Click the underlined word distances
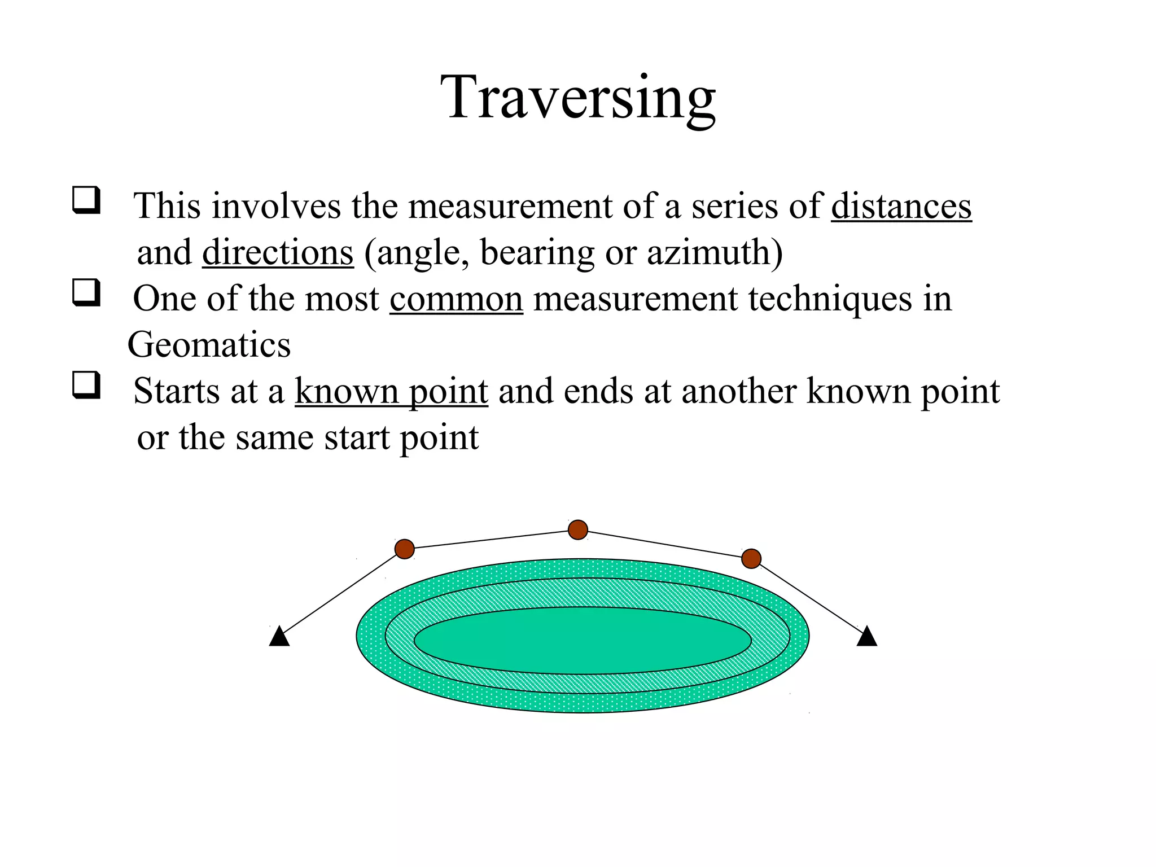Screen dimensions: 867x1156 click(x=901, y=206)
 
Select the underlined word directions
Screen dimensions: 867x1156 click(x=278, y=252)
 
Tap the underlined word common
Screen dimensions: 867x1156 click(x=456, y=299)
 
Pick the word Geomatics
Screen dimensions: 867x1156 click(x=209, y=345)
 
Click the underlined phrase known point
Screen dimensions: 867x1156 click(x=391, y=391)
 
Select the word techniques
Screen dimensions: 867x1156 click(x=830, y=299)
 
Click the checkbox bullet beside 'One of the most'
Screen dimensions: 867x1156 click(x=86, y=292)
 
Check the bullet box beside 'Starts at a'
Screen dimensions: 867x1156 click(x=86, y=385)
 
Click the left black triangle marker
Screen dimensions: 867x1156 click(x=279, y=637)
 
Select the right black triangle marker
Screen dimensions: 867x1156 click(x=867, y=637)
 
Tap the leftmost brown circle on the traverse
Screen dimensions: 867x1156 click(x=405, y=549)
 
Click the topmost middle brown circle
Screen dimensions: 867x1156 click(x=578, y=529)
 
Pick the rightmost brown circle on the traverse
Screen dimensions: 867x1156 click(x=751, y=558)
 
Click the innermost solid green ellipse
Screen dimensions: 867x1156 click(x=583, y=640)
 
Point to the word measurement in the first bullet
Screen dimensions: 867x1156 click(x=510, y=206)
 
